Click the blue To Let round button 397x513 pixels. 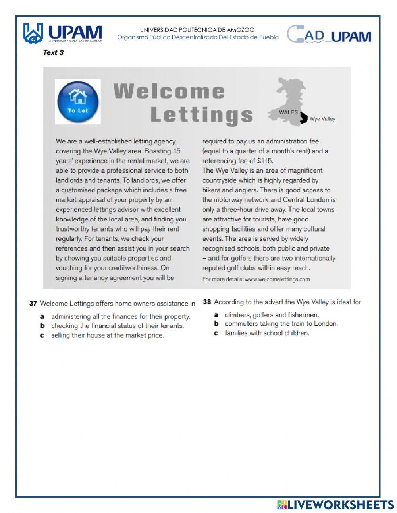point(77,101)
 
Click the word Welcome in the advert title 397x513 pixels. point(169,91)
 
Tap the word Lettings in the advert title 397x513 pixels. point(202,115)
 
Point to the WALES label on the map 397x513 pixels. point(288,112)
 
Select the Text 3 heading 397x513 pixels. point(53,52)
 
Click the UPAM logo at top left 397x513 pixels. point(63,33)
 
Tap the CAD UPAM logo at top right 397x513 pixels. point(330,35)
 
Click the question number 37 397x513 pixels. point(33,304)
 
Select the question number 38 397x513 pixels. point(207,302)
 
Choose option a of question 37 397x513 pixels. point(121,317)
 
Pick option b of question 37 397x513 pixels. point(117,326)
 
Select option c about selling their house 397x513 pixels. point(107,335)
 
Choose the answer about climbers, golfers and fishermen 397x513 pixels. point(272,315)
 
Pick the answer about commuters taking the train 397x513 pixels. point(281,324)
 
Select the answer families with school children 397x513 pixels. point(267,333)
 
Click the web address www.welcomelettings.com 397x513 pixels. point(277,279)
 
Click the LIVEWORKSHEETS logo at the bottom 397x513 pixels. point(335,505)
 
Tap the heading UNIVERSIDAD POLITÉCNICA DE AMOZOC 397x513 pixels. point(197,30)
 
